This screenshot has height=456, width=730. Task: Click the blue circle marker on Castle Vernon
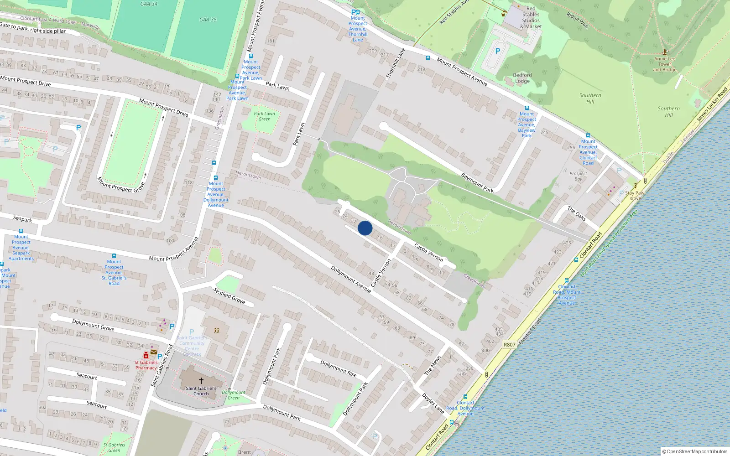(365, 228)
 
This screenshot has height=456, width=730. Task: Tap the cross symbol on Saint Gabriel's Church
(201, 380)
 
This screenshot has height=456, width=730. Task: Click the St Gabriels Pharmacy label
(146, 365)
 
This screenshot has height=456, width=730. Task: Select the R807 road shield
(510, 344)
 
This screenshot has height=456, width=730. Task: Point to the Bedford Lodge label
(522, 78)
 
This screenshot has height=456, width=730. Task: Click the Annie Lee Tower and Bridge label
(665, 64)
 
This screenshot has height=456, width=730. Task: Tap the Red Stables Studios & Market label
(531, 17)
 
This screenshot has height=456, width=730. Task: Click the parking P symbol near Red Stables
(498, 52)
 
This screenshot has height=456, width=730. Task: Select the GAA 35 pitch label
(208, 20)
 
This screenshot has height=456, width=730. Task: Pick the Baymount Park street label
(477, 182)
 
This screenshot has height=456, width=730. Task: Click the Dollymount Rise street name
(339, 368)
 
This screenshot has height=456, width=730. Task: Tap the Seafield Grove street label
(229, 295)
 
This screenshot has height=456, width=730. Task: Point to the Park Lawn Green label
(265, 116)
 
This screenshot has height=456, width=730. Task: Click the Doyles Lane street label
(433, 403)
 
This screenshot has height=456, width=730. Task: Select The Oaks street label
(577, 213)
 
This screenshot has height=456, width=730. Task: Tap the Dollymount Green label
(234, 395)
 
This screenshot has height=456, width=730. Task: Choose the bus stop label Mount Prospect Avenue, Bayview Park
(527, 124)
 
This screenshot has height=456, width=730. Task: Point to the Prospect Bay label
(578, 176)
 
